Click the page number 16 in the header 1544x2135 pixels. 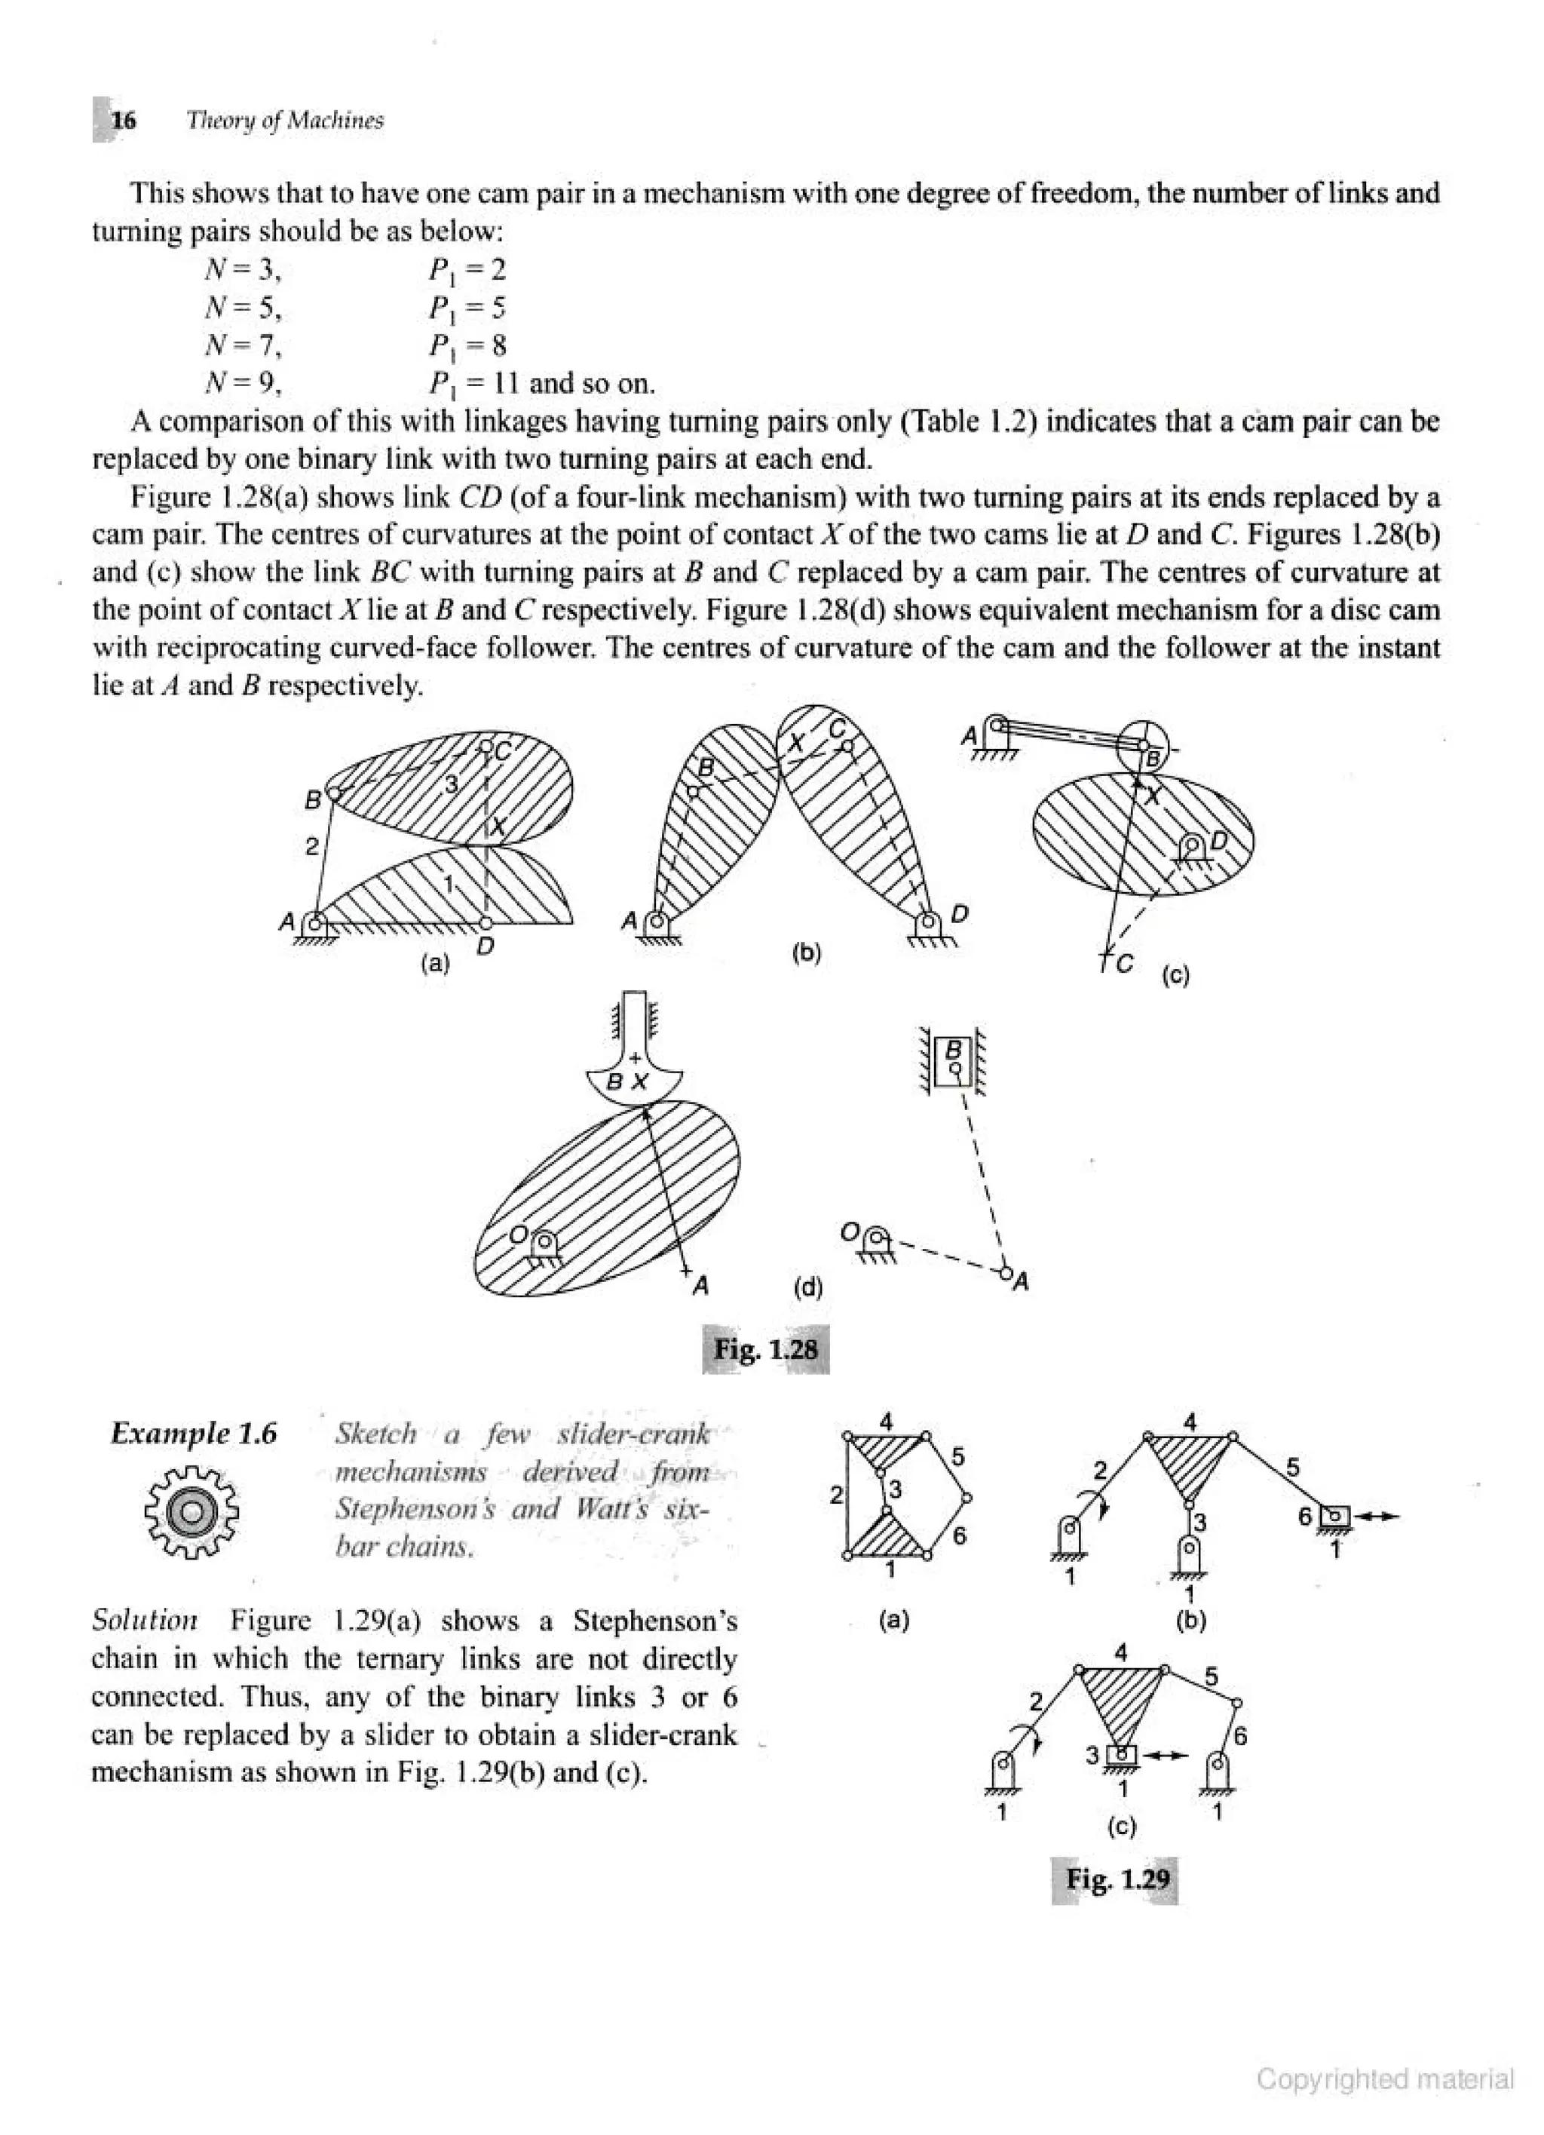coord(123,121)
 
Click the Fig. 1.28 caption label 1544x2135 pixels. coord(765,1349)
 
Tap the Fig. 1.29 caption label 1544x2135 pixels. coord(1117,1878)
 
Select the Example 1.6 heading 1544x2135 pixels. coord(194,1434)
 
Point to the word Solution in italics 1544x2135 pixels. coord(145,1620)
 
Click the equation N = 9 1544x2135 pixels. coord(243,383)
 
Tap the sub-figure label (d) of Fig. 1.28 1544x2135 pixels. coord(807,1287)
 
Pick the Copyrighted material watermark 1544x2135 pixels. coord(1385,2078)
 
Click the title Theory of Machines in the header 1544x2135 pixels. coord(285,121)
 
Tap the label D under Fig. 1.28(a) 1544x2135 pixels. coord(485,946)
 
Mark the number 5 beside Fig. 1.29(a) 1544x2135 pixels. coord(957,1457)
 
